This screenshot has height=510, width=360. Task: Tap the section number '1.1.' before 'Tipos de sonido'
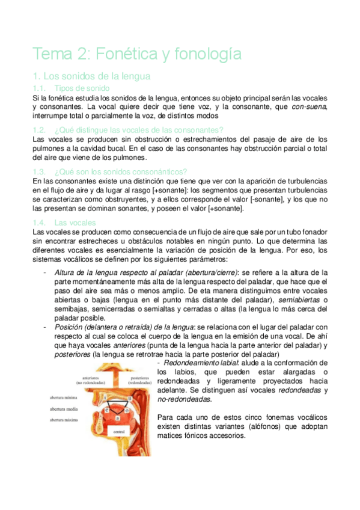tap(41, 88)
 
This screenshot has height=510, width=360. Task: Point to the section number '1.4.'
tap(41, 222)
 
